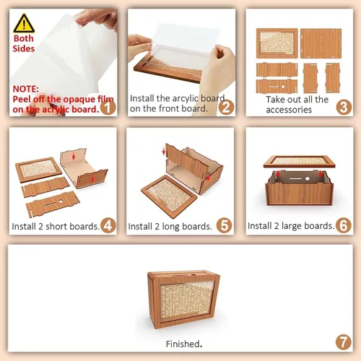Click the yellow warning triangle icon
tap(24, 24)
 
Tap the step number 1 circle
tap(108, 108)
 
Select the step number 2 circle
tap(226, 108)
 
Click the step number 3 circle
tap(344, 108)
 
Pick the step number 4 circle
tap(108, 225)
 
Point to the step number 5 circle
tap(224, 225)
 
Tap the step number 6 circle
tap(344, 225)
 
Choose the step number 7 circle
tap(344, 342)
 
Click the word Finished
tap(184, 344)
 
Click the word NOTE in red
tap(25, 89)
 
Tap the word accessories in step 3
tap(289, 110)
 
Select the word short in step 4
tap(56, 226)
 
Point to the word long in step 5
tap(171, 227)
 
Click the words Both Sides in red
tap(24, 43)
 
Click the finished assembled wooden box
tap(183, 299)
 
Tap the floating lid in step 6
tap(300, 161)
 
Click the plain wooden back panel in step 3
tap(321, 43)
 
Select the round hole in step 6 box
tap(308, 178)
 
